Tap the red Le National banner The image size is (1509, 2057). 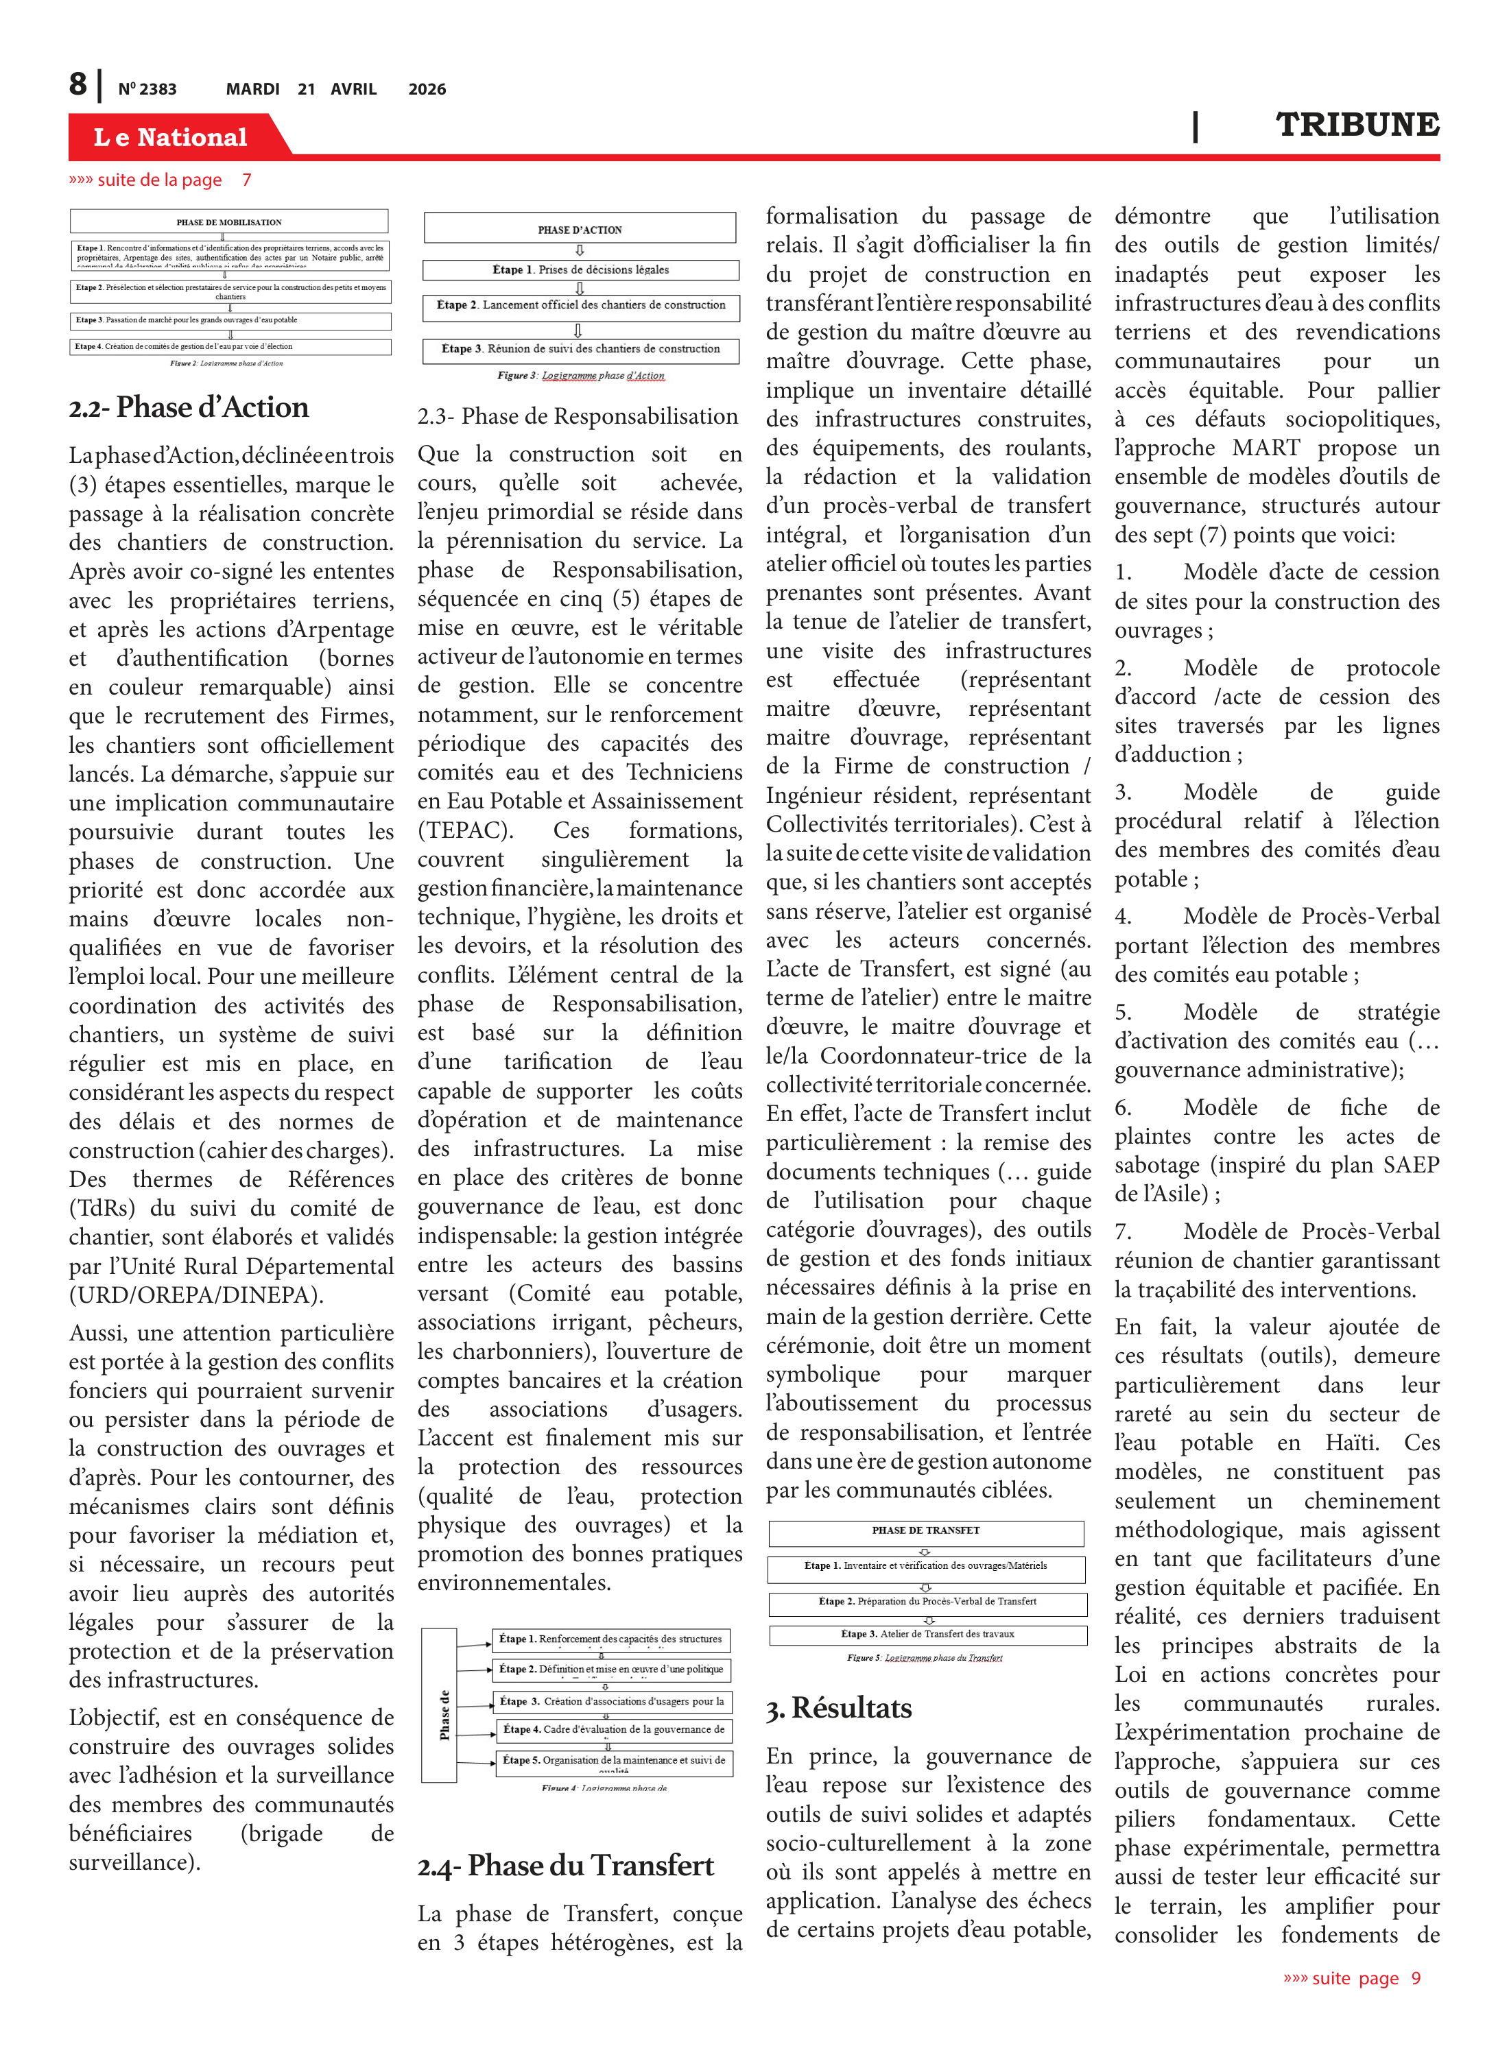click(171, 137)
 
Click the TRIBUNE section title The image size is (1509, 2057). click(1357, 124)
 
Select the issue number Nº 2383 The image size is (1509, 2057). click(147, 89)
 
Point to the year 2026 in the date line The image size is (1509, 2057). click(427, 89)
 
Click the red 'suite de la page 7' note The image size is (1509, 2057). click(160, 180)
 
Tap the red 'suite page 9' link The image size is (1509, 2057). click(1352, 1977)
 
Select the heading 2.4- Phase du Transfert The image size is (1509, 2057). click(565, 1864)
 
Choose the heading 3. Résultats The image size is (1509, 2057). click(839, 1707)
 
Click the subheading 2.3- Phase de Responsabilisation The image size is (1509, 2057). click(578, 416)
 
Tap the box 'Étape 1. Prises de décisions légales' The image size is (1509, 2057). click(580, 270)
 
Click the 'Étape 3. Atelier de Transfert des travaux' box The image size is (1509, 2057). click(927, 1634)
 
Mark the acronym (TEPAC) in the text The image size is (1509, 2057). click(465, 830)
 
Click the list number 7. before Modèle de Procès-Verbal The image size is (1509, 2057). click(1123, 1231)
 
